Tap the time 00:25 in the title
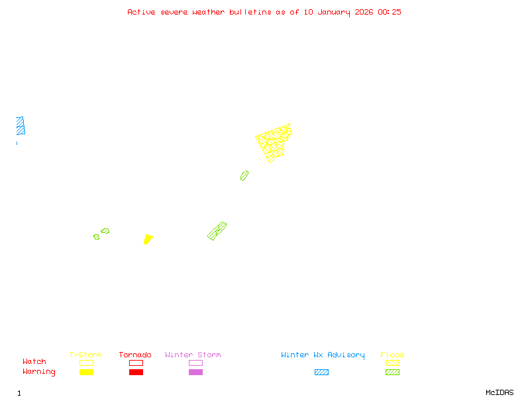(390, 12)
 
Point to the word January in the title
(331, 12)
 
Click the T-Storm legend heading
(85, 355)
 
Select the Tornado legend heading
(135, 355)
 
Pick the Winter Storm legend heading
(193, 355)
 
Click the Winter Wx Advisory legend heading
(323, 355)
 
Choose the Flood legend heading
(392, 355)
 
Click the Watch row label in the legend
(34, 362)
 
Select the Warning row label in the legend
(39, 372)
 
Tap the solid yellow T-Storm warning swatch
(86, 373)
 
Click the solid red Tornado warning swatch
(136, 373)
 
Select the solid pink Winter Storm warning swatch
(195, 373)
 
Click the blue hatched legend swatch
(321, 373)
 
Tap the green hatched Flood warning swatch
(392, 373)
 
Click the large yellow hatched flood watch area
(274, 142)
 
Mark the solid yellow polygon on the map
(148, 238)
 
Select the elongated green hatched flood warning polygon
(217, 231)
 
